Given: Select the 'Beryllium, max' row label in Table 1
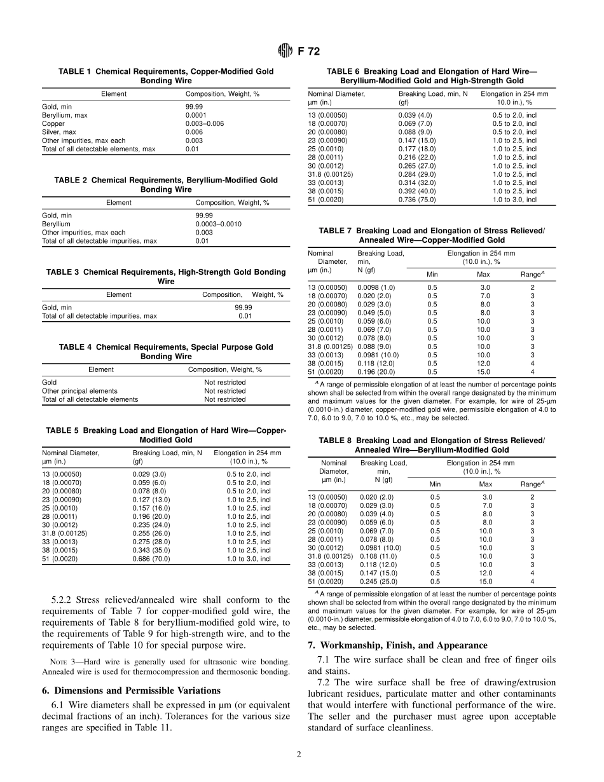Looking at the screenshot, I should (x=65, y=115).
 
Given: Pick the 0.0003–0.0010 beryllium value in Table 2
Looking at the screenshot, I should (x=218, y=224).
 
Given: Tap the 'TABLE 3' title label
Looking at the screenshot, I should (x=63, y=272).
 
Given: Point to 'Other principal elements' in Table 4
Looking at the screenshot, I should (x=79, y=391).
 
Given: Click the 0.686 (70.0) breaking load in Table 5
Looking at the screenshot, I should (x=149, y=559).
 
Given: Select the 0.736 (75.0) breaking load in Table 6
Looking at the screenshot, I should (x=415, y=200).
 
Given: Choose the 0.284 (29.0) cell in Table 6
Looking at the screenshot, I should (x=415, y=174).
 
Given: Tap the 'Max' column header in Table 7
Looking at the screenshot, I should (x=483, y=275).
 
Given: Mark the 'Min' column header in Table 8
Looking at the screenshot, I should (x=435, y=484).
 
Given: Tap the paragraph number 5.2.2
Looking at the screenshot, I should (x=63, y=600).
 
